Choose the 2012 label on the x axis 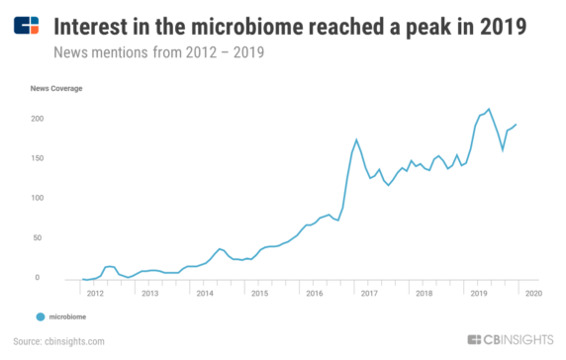coord(95,294)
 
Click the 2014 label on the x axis coord(204,294)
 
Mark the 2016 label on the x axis coord(313,294)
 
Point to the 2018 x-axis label coord(423,294)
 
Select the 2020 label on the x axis coord(531,294)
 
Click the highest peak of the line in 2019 coord(488,109)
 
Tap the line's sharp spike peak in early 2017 coord(356,139)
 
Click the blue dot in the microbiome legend coord(41,317)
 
